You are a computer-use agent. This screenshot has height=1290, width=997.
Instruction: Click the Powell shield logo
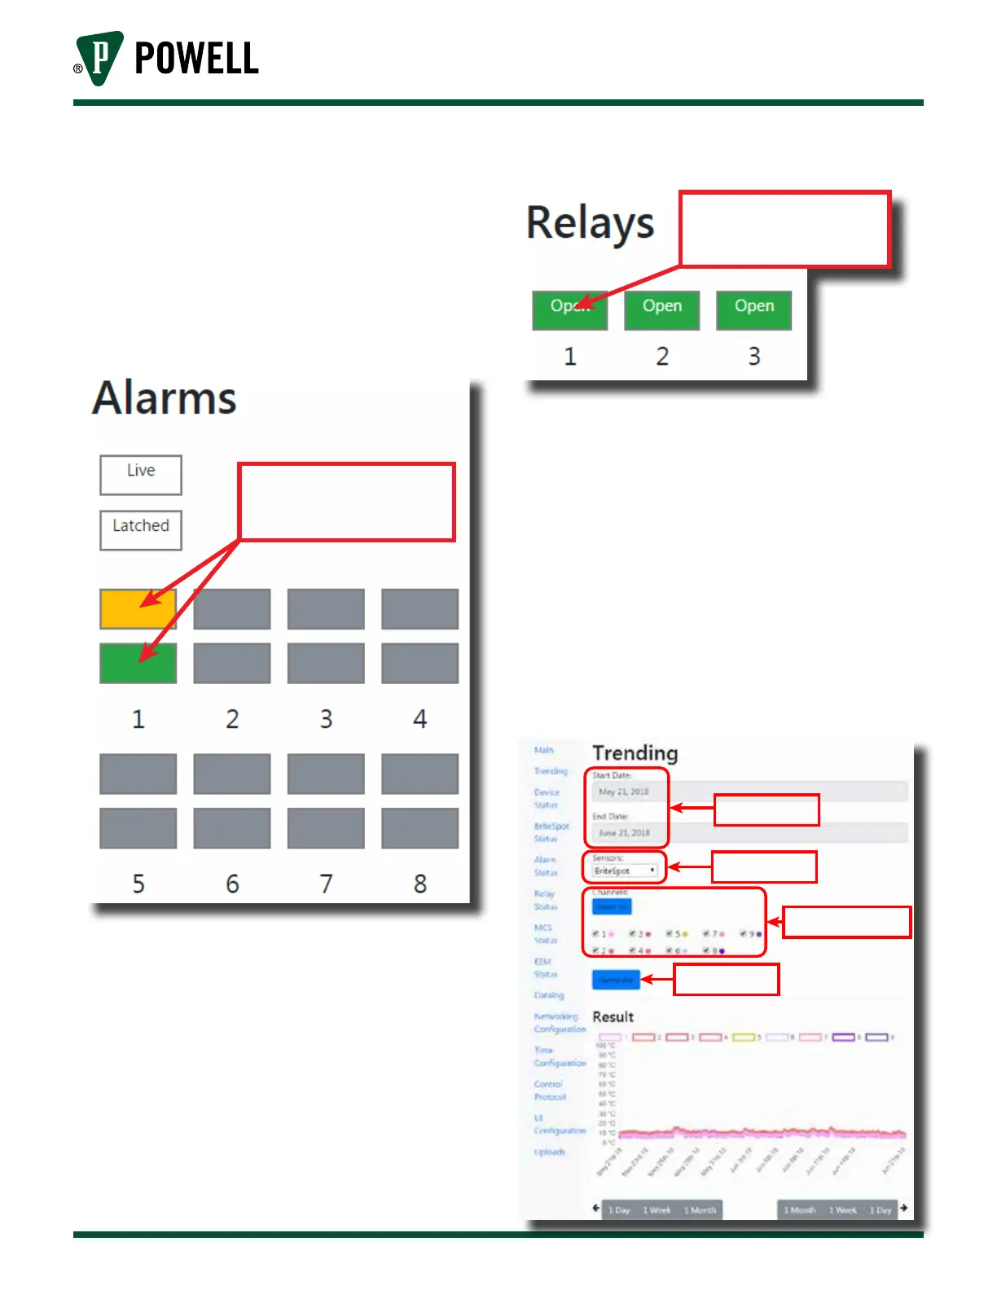click(99, 57)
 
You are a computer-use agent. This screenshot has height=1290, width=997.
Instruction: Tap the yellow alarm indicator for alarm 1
click(138, 608)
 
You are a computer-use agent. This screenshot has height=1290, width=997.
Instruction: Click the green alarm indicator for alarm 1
click(138, 663)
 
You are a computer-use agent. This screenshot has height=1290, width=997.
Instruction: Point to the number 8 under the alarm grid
click(419, 884)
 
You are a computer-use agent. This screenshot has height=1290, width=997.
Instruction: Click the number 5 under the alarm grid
click(138, 884)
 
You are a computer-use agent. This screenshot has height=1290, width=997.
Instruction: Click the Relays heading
click(590, 223)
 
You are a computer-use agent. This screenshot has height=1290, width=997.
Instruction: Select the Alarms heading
click(165, 398)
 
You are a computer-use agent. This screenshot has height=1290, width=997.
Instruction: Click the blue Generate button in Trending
click(616, 980)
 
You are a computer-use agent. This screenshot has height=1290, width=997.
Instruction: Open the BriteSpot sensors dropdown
click(625, 871)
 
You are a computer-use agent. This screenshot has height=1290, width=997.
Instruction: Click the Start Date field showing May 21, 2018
click(624, 792)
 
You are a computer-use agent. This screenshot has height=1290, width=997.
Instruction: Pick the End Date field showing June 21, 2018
click(624, 832)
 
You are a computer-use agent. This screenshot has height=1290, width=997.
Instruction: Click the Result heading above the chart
click(613, 1017)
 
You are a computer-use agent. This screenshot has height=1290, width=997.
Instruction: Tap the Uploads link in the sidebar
click(549, 1152)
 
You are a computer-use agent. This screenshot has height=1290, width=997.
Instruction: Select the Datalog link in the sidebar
click(548, 995)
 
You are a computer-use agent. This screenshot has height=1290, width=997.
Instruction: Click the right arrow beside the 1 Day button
click(903, 1208)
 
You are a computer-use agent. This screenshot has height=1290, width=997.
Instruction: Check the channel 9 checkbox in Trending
click(744, 934)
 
